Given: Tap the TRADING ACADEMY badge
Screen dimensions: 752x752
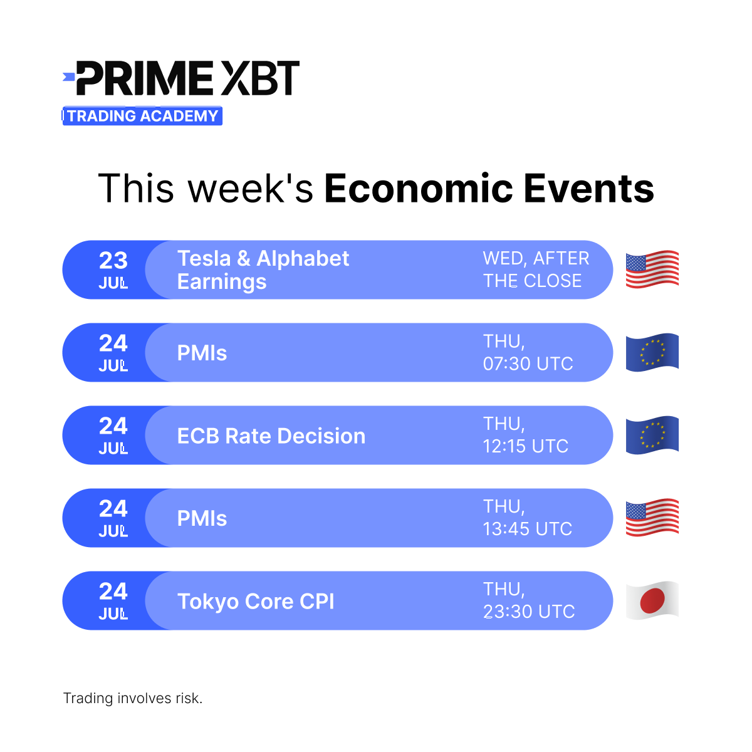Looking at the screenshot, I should pyautogui.click(x=142, y=116).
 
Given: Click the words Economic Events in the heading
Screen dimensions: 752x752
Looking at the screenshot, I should pyautogui.click(x=489, y=189).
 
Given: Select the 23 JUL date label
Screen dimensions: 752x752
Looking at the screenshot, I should pyautogui.click(x=113, y=269).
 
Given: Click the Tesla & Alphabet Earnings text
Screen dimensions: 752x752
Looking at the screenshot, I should pyautogui.click(x=263, y=269).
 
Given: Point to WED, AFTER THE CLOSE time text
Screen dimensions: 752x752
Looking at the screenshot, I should pyautogui.click(x=536, y=269).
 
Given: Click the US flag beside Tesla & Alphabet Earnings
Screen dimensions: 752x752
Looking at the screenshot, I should pyautogui.click(x=652, y=269).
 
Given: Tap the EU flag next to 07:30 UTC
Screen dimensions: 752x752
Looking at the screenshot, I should pyautogui.click(x=652, y=352).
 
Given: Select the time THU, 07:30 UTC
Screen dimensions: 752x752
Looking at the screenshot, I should pyautogui.click(x=528, y=352).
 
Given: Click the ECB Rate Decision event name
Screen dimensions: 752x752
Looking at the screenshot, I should pyautogui.click(x=271, y=436).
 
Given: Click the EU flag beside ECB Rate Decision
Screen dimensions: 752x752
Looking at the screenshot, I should pyautogui.click(x=652, y=435).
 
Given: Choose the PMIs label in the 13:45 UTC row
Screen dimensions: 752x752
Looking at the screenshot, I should pyautogui.click(x=202, y=518).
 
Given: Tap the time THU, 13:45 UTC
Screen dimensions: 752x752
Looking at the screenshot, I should pyautogui.click(x=527, y=518).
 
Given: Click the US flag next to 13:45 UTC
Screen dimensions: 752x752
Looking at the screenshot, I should pyautogui.click(x=652, y=518).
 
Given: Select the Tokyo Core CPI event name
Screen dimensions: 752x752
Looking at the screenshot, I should pyautogui.click(x=256, y=601).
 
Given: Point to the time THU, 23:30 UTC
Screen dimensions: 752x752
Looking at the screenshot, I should pyautogui.click(x=528, y=600).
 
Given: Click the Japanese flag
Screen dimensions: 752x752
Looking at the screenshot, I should pyautogui.click(x=652, y=600).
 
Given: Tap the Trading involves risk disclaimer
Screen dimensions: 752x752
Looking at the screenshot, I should pyautogui.click(x=133, y=698).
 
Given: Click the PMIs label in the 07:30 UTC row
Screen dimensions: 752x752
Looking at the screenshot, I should pyautogui.click(x=202, y=353).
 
